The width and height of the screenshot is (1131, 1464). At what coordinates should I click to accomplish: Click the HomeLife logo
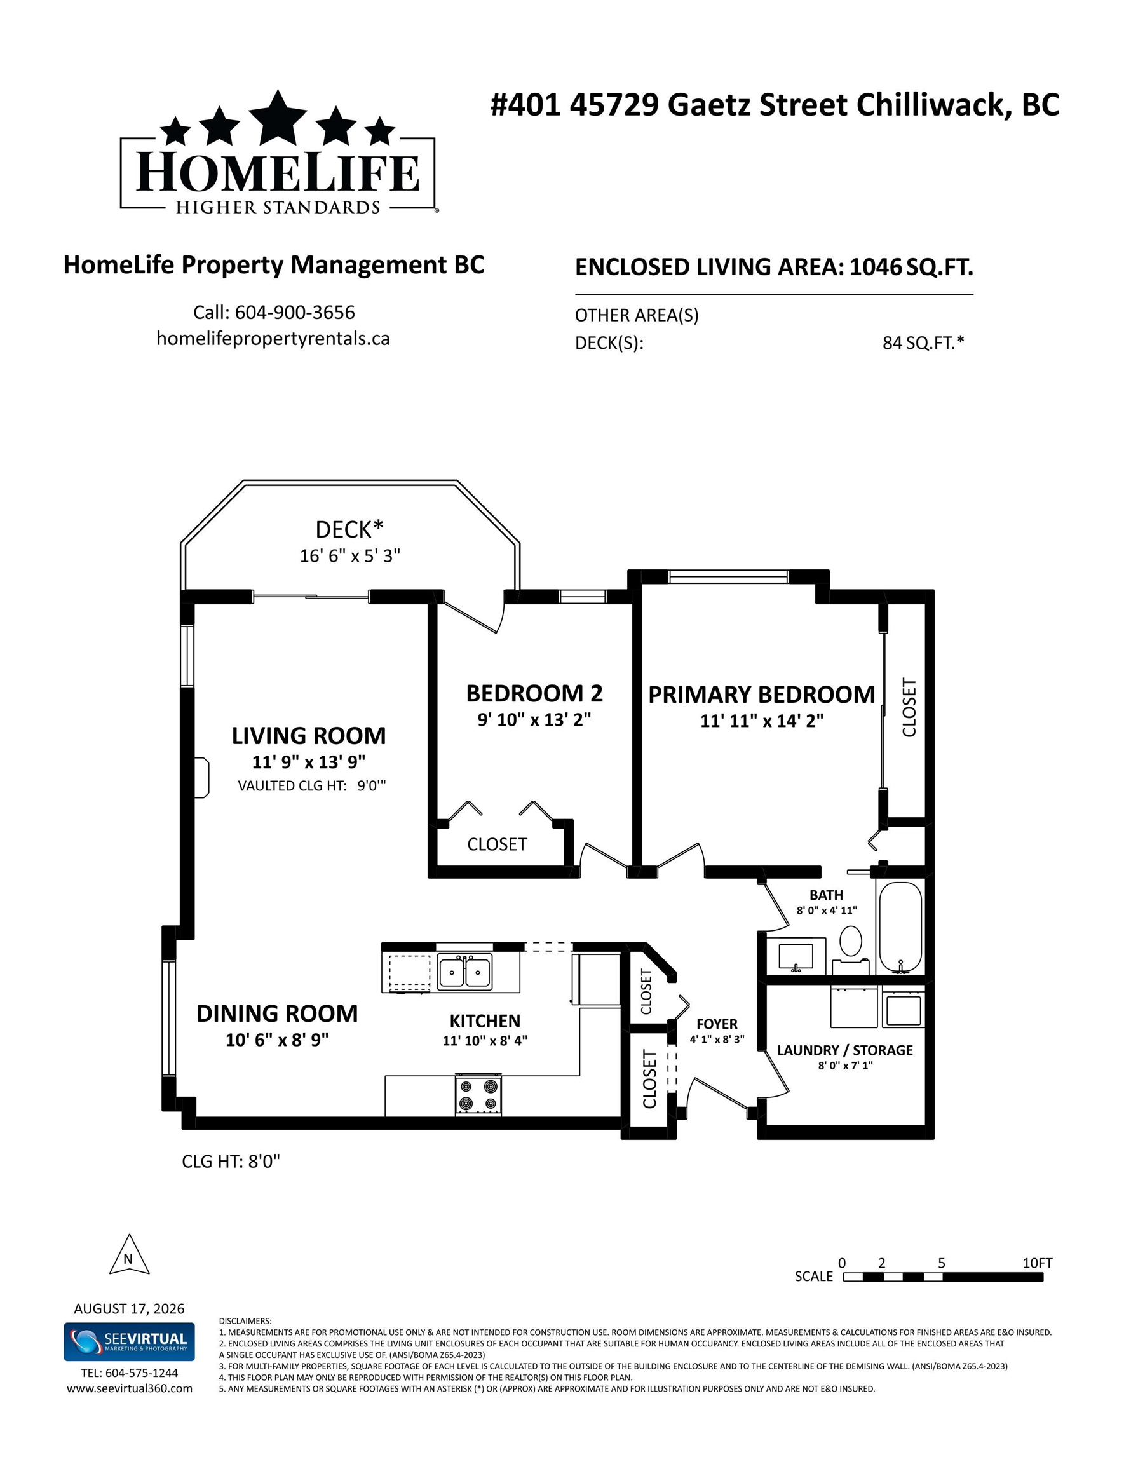pos(278,152)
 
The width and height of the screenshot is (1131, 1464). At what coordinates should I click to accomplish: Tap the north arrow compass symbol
pos(129,1254)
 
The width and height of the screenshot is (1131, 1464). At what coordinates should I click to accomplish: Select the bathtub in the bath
pos(900,927)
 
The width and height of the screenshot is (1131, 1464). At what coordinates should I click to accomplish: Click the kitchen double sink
pos(464,972)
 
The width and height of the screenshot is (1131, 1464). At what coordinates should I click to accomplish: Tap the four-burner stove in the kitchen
pos(478,1095)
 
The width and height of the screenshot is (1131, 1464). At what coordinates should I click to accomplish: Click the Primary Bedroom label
pos(762,694)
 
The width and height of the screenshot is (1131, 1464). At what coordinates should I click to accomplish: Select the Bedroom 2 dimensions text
pos(534,719)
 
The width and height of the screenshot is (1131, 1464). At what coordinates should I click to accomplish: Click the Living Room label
pos(308,735)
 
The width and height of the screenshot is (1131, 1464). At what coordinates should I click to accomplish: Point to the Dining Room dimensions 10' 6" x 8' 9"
pos(277,1040)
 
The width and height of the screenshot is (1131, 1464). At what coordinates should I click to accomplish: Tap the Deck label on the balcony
pos(349,529)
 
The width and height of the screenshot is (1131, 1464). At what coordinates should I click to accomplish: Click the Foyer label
pos(717,1024)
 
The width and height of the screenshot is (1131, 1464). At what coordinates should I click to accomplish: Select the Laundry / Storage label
pos(844,1050)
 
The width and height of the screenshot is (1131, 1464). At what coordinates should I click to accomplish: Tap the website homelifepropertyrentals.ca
pos(273,339)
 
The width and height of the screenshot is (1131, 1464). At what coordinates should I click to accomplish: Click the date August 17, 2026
pos(130,1308)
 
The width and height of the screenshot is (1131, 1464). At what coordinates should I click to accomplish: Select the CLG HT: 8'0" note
pos(231,1162)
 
